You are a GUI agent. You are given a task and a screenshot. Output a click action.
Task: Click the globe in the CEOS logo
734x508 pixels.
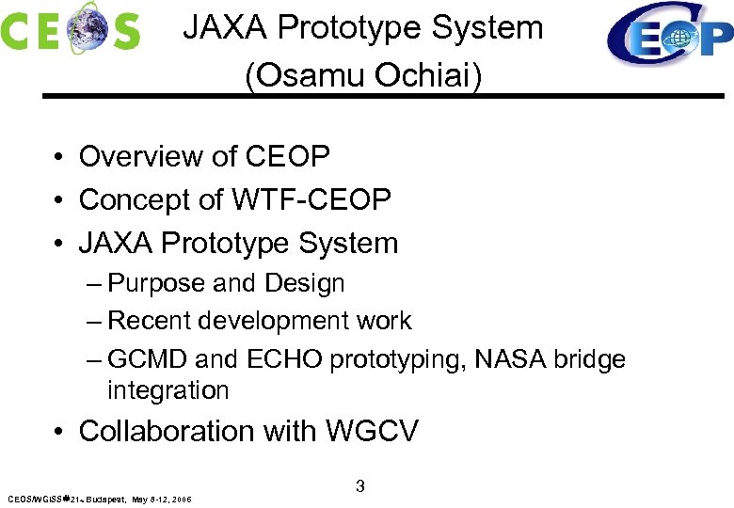(x=88, y=28)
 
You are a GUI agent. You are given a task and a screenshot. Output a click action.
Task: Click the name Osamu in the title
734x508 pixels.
(x=309, y=74)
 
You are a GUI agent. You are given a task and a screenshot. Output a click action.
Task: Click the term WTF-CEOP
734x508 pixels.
(x=311, y=199)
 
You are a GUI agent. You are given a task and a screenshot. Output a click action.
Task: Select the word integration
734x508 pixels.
(x=168, y=389)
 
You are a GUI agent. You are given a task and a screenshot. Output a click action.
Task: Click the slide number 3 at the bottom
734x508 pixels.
(x=360, y=486)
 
